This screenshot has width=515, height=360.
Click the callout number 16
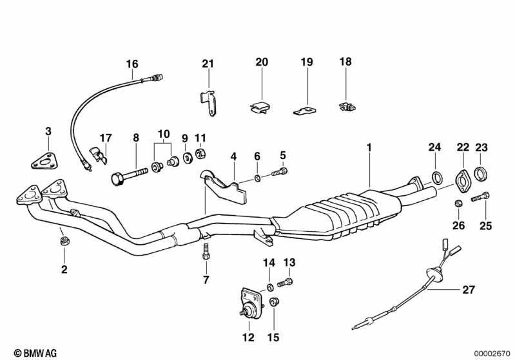pyautogui.click(x=132, y=64)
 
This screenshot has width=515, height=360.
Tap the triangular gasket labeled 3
pyautogui.click(x=43, y=161)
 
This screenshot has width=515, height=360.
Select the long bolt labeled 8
pyautogui.click(x=130, y=175)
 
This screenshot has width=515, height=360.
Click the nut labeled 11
pyautogui.click(x=200, y=153)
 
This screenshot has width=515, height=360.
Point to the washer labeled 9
pyautogui.click(x=188, y=158)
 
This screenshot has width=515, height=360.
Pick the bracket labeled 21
pyautogui.click(x=208, y=103)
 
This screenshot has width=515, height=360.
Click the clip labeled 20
pyautogui.click(x=260, y=108)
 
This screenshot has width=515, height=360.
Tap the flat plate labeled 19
pyautogui.click(x=305, y=110)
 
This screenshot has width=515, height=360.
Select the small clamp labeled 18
pyautogui.click(x=347, y=106)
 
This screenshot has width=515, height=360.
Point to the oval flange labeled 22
pyautogui.click(x=462, y=181)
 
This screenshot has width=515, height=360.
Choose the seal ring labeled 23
pyautogui.click(x=481, y=174)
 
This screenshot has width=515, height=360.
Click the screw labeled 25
pyautogui.click(x=480, y=196)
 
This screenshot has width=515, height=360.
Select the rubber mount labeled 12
pyautogui.click(x=251, y=303)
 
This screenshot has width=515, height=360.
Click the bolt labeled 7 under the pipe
pyautogui.click(x=206, y=251)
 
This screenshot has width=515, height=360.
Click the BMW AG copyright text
pyautogui.click(x=35, y=353)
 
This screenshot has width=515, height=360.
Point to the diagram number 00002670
pyautogui.click(x=492, y=354)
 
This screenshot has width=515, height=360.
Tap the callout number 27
pyautogui.click(x=469, y=290)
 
